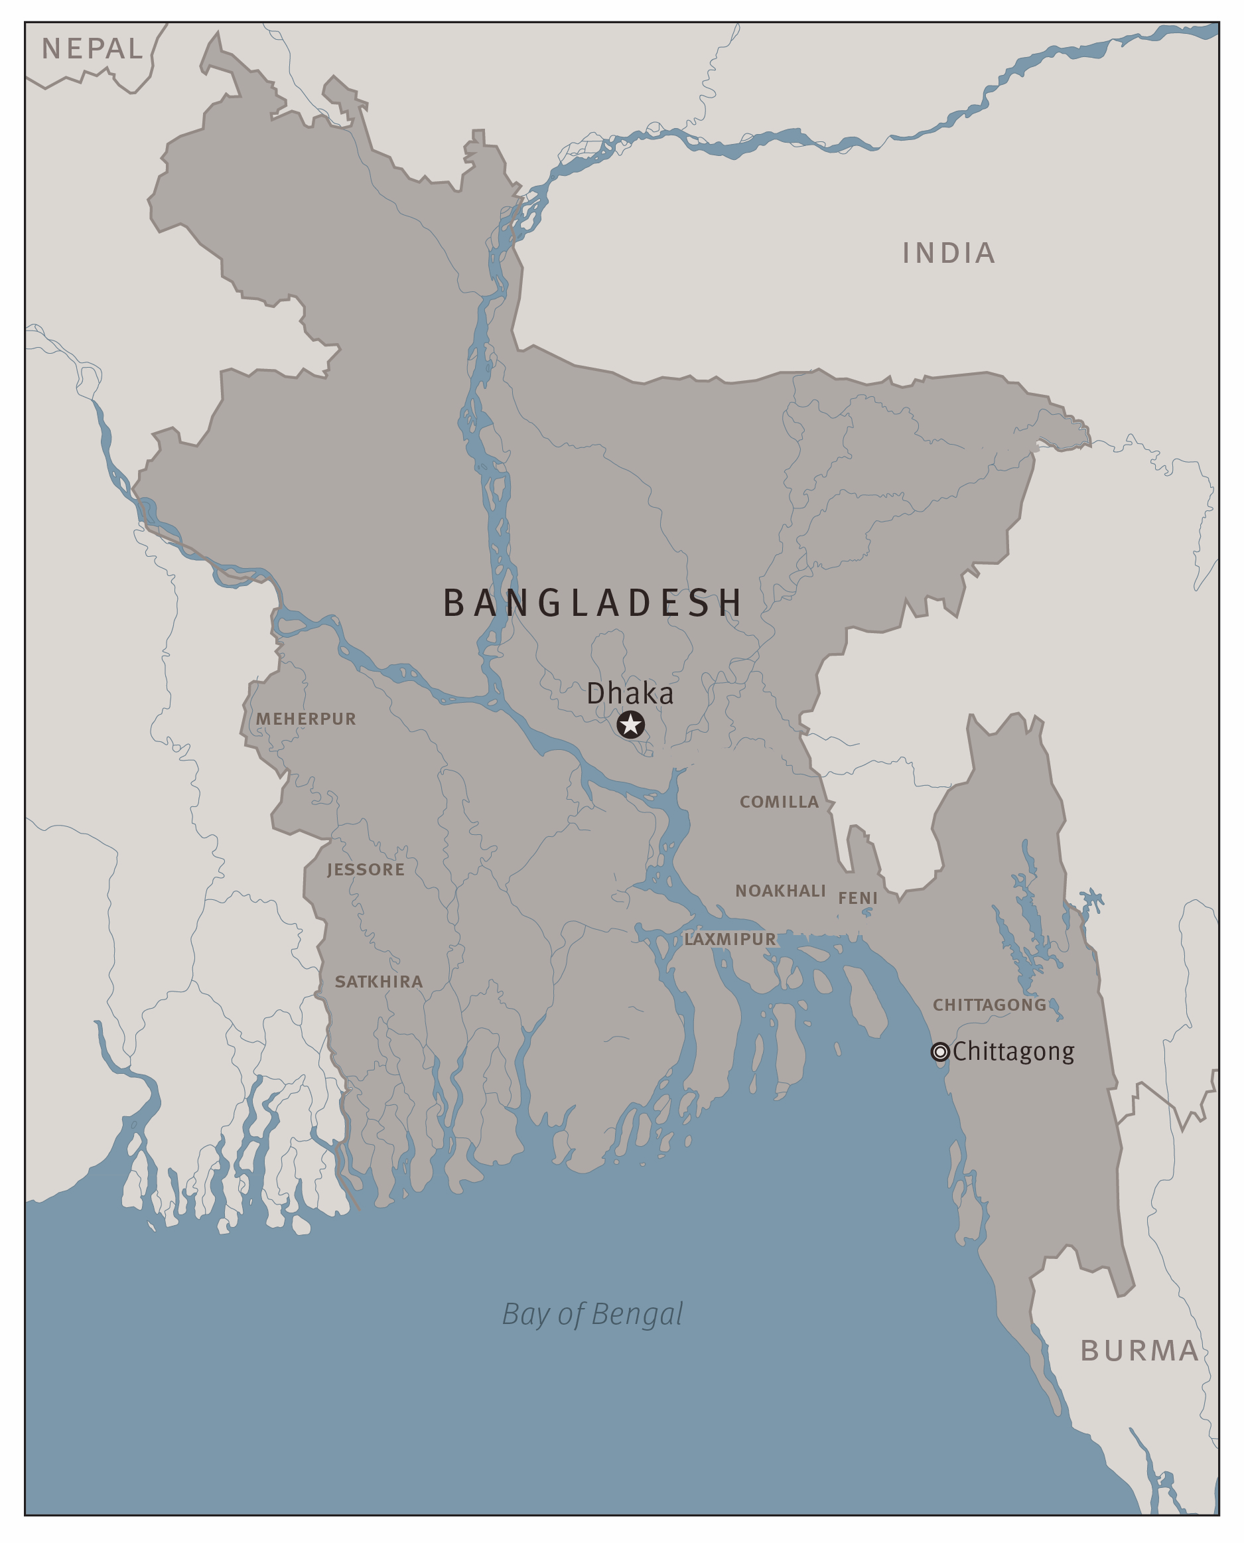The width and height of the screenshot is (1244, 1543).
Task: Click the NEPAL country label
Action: coord(92,48)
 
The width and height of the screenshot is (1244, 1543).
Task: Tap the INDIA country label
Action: coord(948,253)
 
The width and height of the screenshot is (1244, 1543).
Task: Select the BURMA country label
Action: coord(1139,1351)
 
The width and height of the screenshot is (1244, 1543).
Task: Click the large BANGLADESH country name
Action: coord(592,603)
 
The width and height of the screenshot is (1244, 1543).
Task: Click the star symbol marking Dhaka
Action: coord(630,725)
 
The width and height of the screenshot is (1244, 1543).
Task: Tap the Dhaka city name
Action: coord(630,694)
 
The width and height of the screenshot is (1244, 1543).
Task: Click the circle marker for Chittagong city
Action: coord(939,1051)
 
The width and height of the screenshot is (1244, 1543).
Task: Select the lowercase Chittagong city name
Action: coord(1013,1051)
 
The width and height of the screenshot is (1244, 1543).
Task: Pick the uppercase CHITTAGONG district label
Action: coord(989,1005)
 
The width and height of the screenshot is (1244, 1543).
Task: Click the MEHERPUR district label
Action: coord(306,719)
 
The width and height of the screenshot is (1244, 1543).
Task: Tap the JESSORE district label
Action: coord(366,869)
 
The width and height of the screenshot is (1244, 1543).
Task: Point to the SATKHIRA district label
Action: coord(378,981)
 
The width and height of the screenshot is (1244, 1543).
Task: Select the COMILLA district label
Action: coord(779,802)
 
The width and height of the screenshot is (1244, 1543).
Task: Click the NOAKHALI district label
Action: coord(780,891)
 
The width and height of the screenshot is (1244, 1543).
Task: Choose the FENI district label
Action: coord(858,898)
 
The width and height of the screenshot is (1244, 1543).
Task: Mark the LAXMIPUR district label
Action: coord(730,939)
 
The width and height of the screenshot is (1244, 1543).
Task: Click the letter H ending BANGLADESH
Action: coord(730,603)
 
